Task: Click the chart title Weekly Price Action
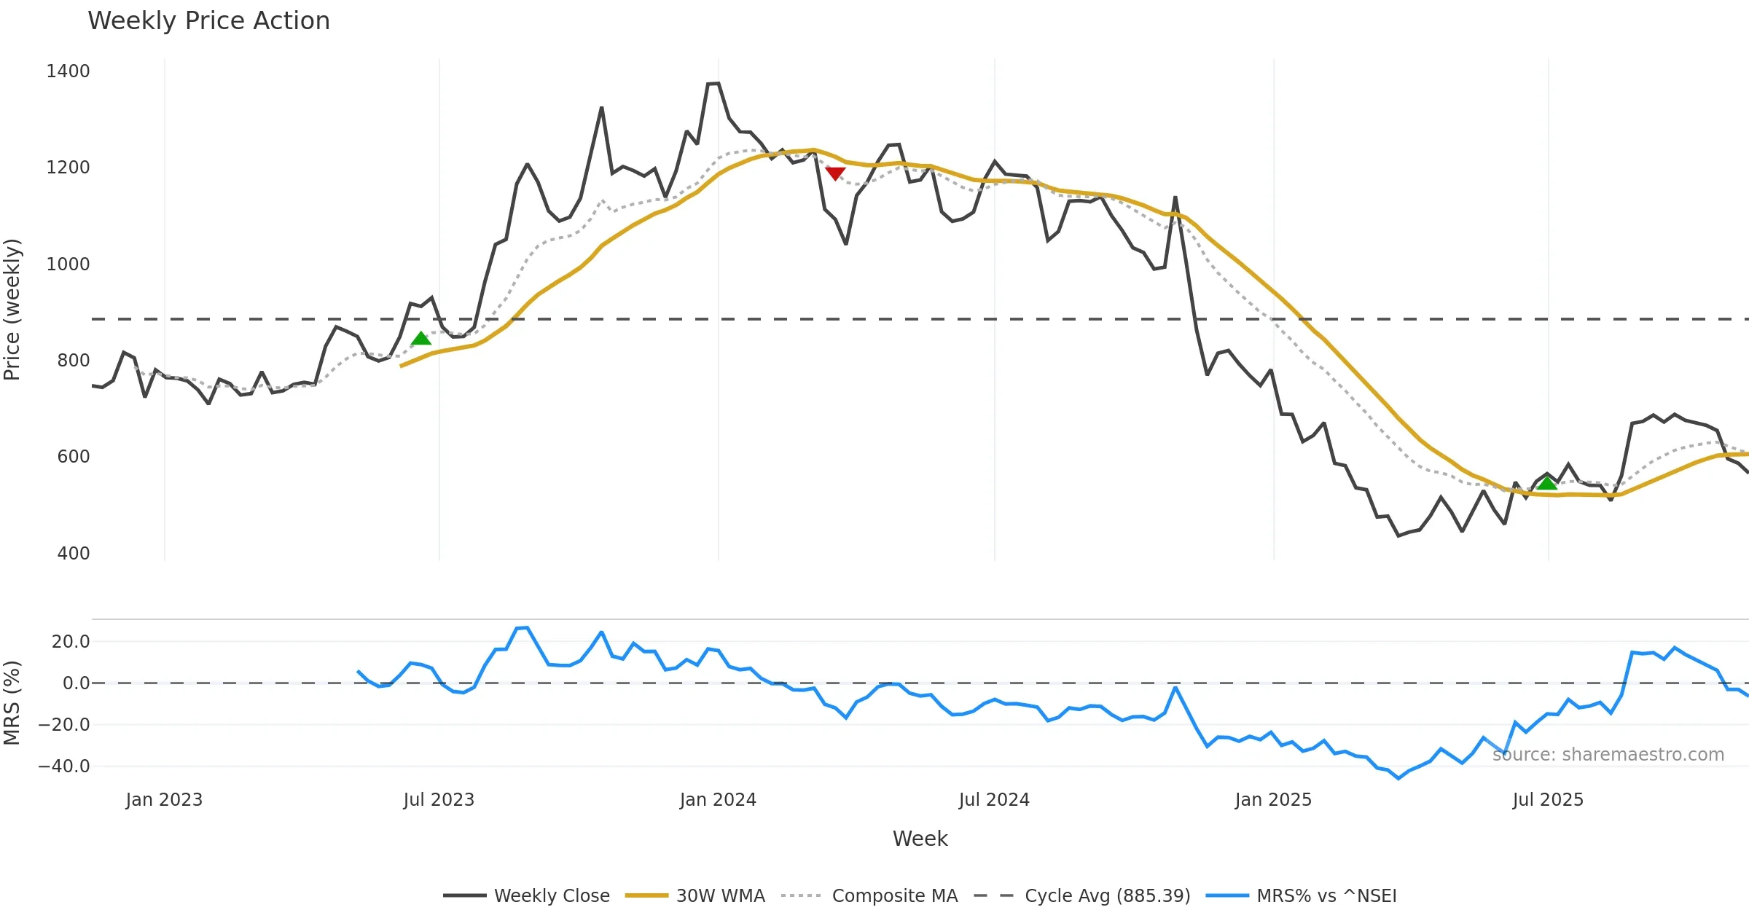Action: coord(208,21)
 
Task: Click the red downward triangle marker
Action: coord(835,173)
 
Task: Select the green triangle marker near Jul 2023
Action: coord(420,338)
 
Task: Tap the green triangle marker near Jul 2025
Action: coord(1546,482)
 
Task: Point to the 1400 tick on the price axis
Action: coord(68,71)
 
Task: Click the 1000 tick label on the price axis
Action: coord(68,264)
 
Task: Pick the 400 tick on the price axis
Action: coord(73,553)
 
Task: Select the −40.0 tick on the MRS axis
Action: coord(64,766)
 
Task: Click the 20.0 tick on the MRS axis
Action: coord(70,642)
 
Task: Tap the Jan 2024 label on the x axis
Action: coord(718,800)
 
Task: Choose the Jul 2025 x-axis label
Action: coord(1548,800)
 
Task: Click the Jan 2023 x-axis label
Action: coord(164,800)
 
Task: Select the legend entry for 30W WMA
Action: coord(720,895)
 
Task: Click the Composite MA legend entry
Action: coord(894,895)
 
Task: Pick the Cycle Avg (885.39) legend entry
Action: coord(1107,895)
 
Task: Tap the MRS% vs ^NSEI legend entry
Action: coord(1326,895)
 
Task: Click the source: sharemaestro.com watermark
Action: coord(1608,755)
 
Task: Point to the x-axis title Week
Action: coord(920,839)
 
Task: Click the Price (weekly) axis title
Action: coord(12,310)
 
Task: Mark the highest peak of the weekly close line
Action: coord(714,84)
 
